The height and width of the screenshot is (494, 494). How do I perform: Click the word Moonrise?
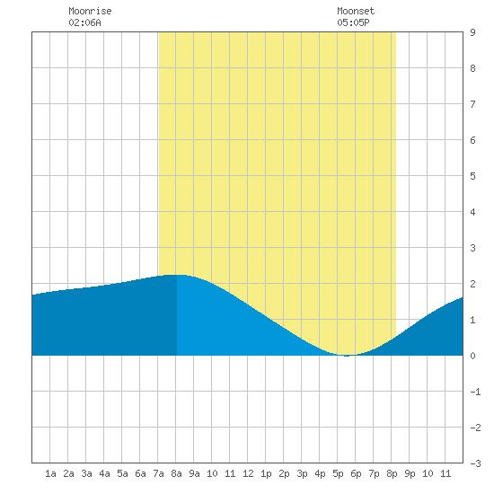tap(90, 11)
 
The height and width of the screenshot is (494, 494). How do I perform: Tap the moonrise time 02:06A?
tap(84, 22)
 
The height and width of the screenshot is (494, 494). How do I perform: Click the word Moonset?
tap(356, 11)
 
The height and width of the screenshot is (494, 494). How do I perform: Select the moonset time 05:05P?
tap(353, 22)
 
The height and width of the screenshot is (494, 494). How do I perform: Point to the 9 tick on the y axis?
tap(472, 32)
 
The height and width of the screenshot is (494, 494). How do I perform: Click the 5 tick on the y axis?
tap(472, 176)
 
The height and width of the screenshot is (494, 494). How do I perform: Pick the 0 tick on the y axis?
tap(472, 356)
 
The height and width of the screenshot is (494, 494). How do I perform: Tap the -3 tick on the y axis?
tap(475, 463)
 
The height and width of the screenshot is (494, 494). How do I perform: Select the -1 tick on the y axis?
tap(475, 392)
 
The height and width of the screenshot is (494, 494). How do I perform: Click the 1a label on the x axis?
tap(50, 473)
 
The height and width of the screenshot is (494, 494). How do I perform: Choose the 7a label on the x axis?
tap(158, 473)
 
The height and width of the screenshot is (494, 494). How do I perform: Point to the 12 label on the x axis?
tap(248, 473)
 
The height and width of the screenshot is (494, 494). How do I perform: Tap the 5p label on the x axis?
tap(338, 473)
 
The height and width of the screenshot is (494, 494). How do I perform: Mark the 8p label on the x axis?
tap(392, 473)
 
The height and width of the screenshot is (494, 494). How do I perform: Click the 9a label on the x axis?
tap(194, 473)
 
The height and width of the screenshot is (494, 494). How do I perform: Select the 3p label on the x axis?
tap(302, 473)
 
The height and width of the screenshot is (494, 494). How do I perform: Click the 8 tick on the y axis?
tap(472, 68)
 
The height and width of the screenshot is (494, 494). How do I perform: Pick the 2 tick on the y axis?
tap(472, 284)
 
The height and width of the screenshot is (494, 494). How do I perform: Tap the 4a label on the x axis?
tap(104, 473)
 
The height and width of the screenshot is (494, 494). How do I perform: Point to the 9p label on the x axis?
tap(410, 473)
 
